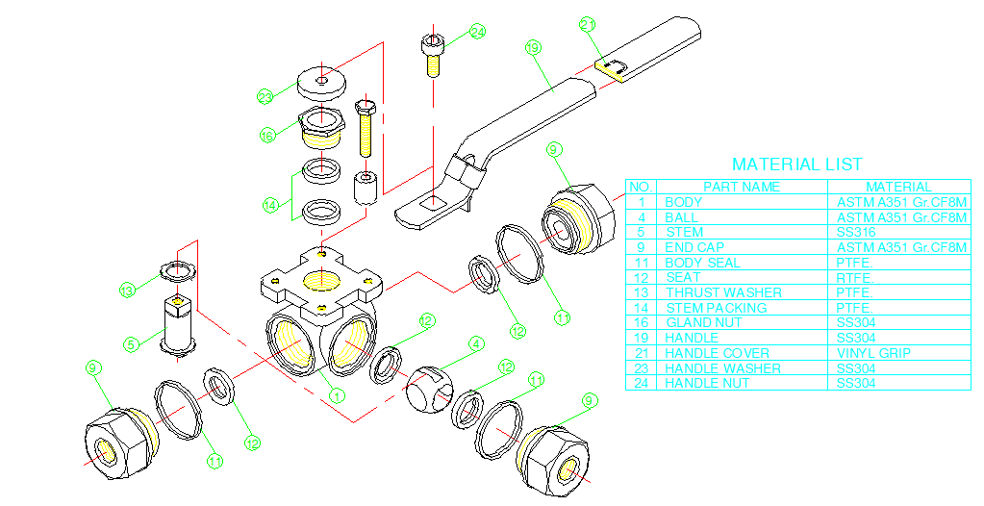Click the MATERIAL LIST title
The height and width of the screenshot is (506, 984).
click(x=796, y=164)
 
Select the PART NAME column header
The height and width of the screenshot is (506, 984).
click(x=742, y=187)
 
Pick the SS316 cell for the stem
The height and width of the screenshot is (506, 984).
click(x=856, y=232)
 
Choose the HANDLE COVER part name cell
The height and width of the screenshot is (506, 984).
click(x=717, y=353)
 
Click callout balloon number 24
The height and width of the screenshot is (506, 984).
click(x=478, y=32)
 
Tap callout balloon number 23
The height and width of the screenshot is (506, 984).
click(x=265, y=96)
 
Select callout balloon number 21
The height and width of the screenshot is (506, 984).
click(x=589, y=24)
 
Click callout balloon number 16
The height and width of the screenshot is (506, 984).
click(x=268, y=136)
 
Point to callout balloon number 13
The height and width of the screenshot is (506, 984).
click(x=128, y=290)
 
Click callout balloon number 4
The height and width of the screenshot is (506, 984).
click(x=476, y=342)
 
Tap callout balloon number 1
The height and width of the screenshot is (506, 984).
click(x=336, y=393)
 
